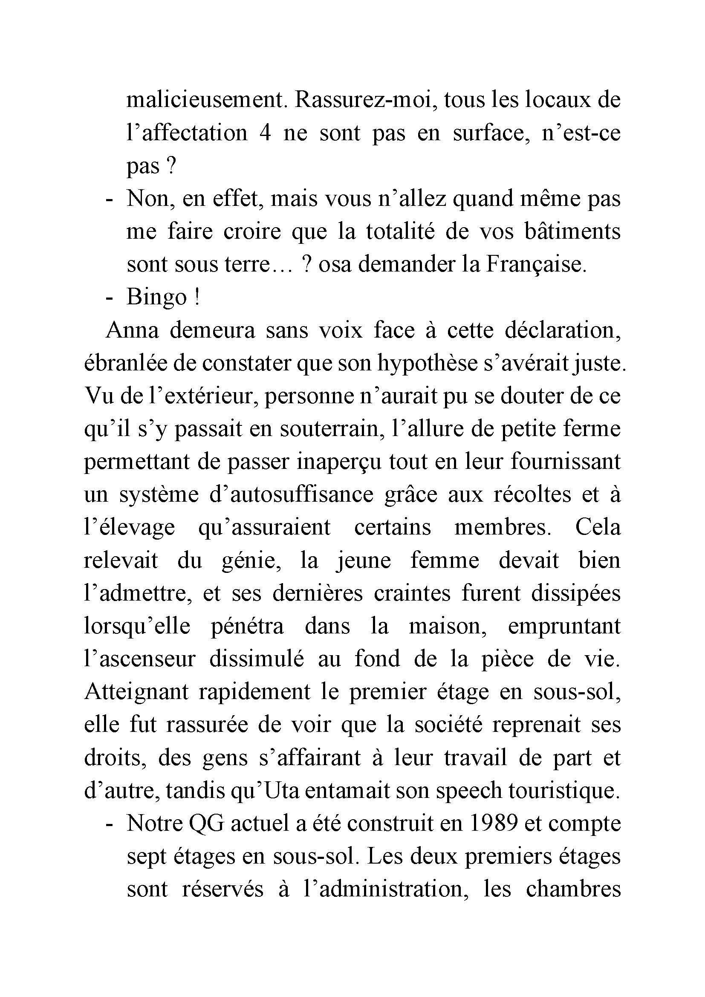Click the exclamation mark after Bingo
pos(196,298)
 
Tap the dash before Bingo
pos(110,298)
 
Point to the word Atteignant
pos(136,693)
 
